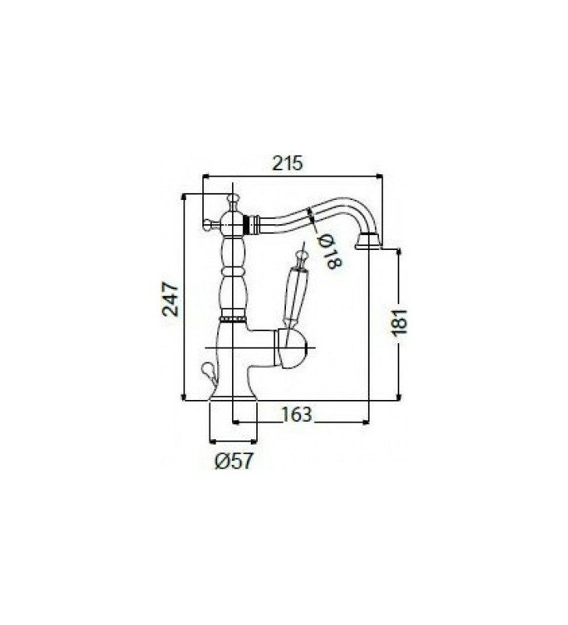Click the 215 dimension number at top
288,163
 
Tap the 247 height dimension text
170,298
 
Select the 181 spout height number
400,322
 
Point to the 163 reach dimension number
297,414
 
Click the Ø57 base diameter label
234,461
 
